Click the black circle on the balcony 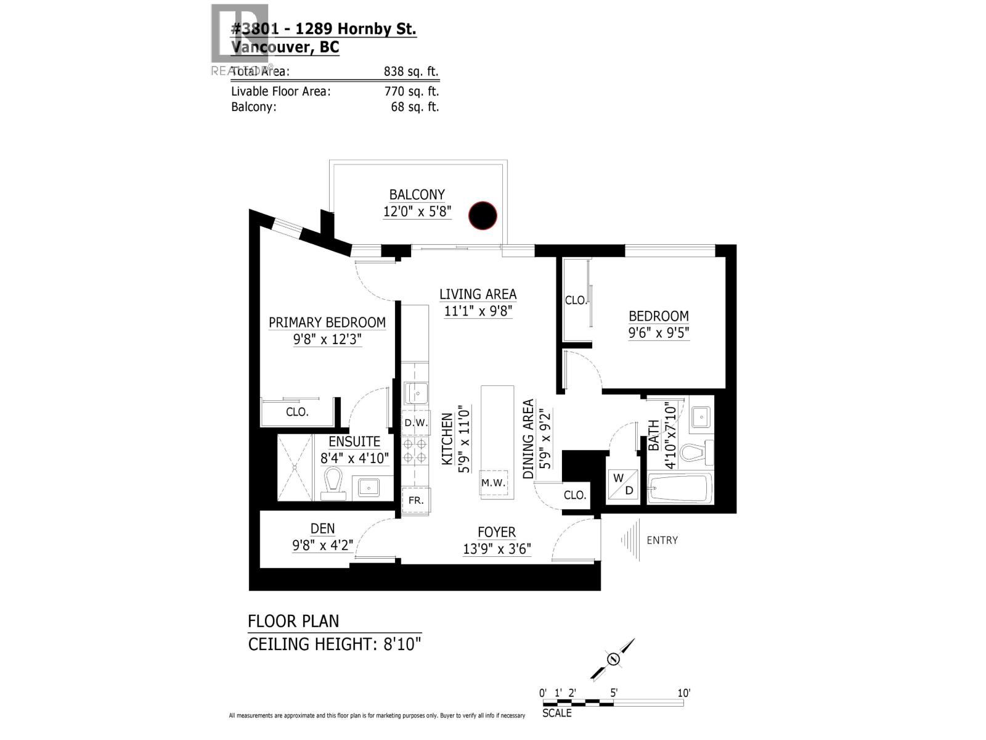[483, 215]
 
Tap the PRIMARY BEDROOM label [327, 323]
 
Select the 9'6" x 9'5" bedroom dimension [658, 333]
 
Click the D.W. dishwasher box [416, 423]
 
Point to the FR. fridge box [416, 500]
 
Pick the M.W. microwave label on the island [494, 483]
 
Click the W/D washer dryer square [622, 485]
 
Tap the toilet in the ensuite [333, 479]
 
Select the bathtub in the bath [680, 488]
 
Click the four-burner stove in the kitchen [415, 451]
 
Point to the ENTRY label [662, 540]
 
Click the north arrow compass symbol [613, 659]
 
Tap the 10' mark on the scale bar [683, 693]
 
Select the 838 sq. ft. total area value [411, 72]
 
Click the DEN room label [322, 528]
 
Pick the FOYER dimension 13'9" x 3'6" [497, 549]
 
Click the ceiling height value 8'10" [401, 644]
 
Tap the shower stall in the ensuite [295, 467]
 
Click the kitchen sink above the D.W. [416, 393]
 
